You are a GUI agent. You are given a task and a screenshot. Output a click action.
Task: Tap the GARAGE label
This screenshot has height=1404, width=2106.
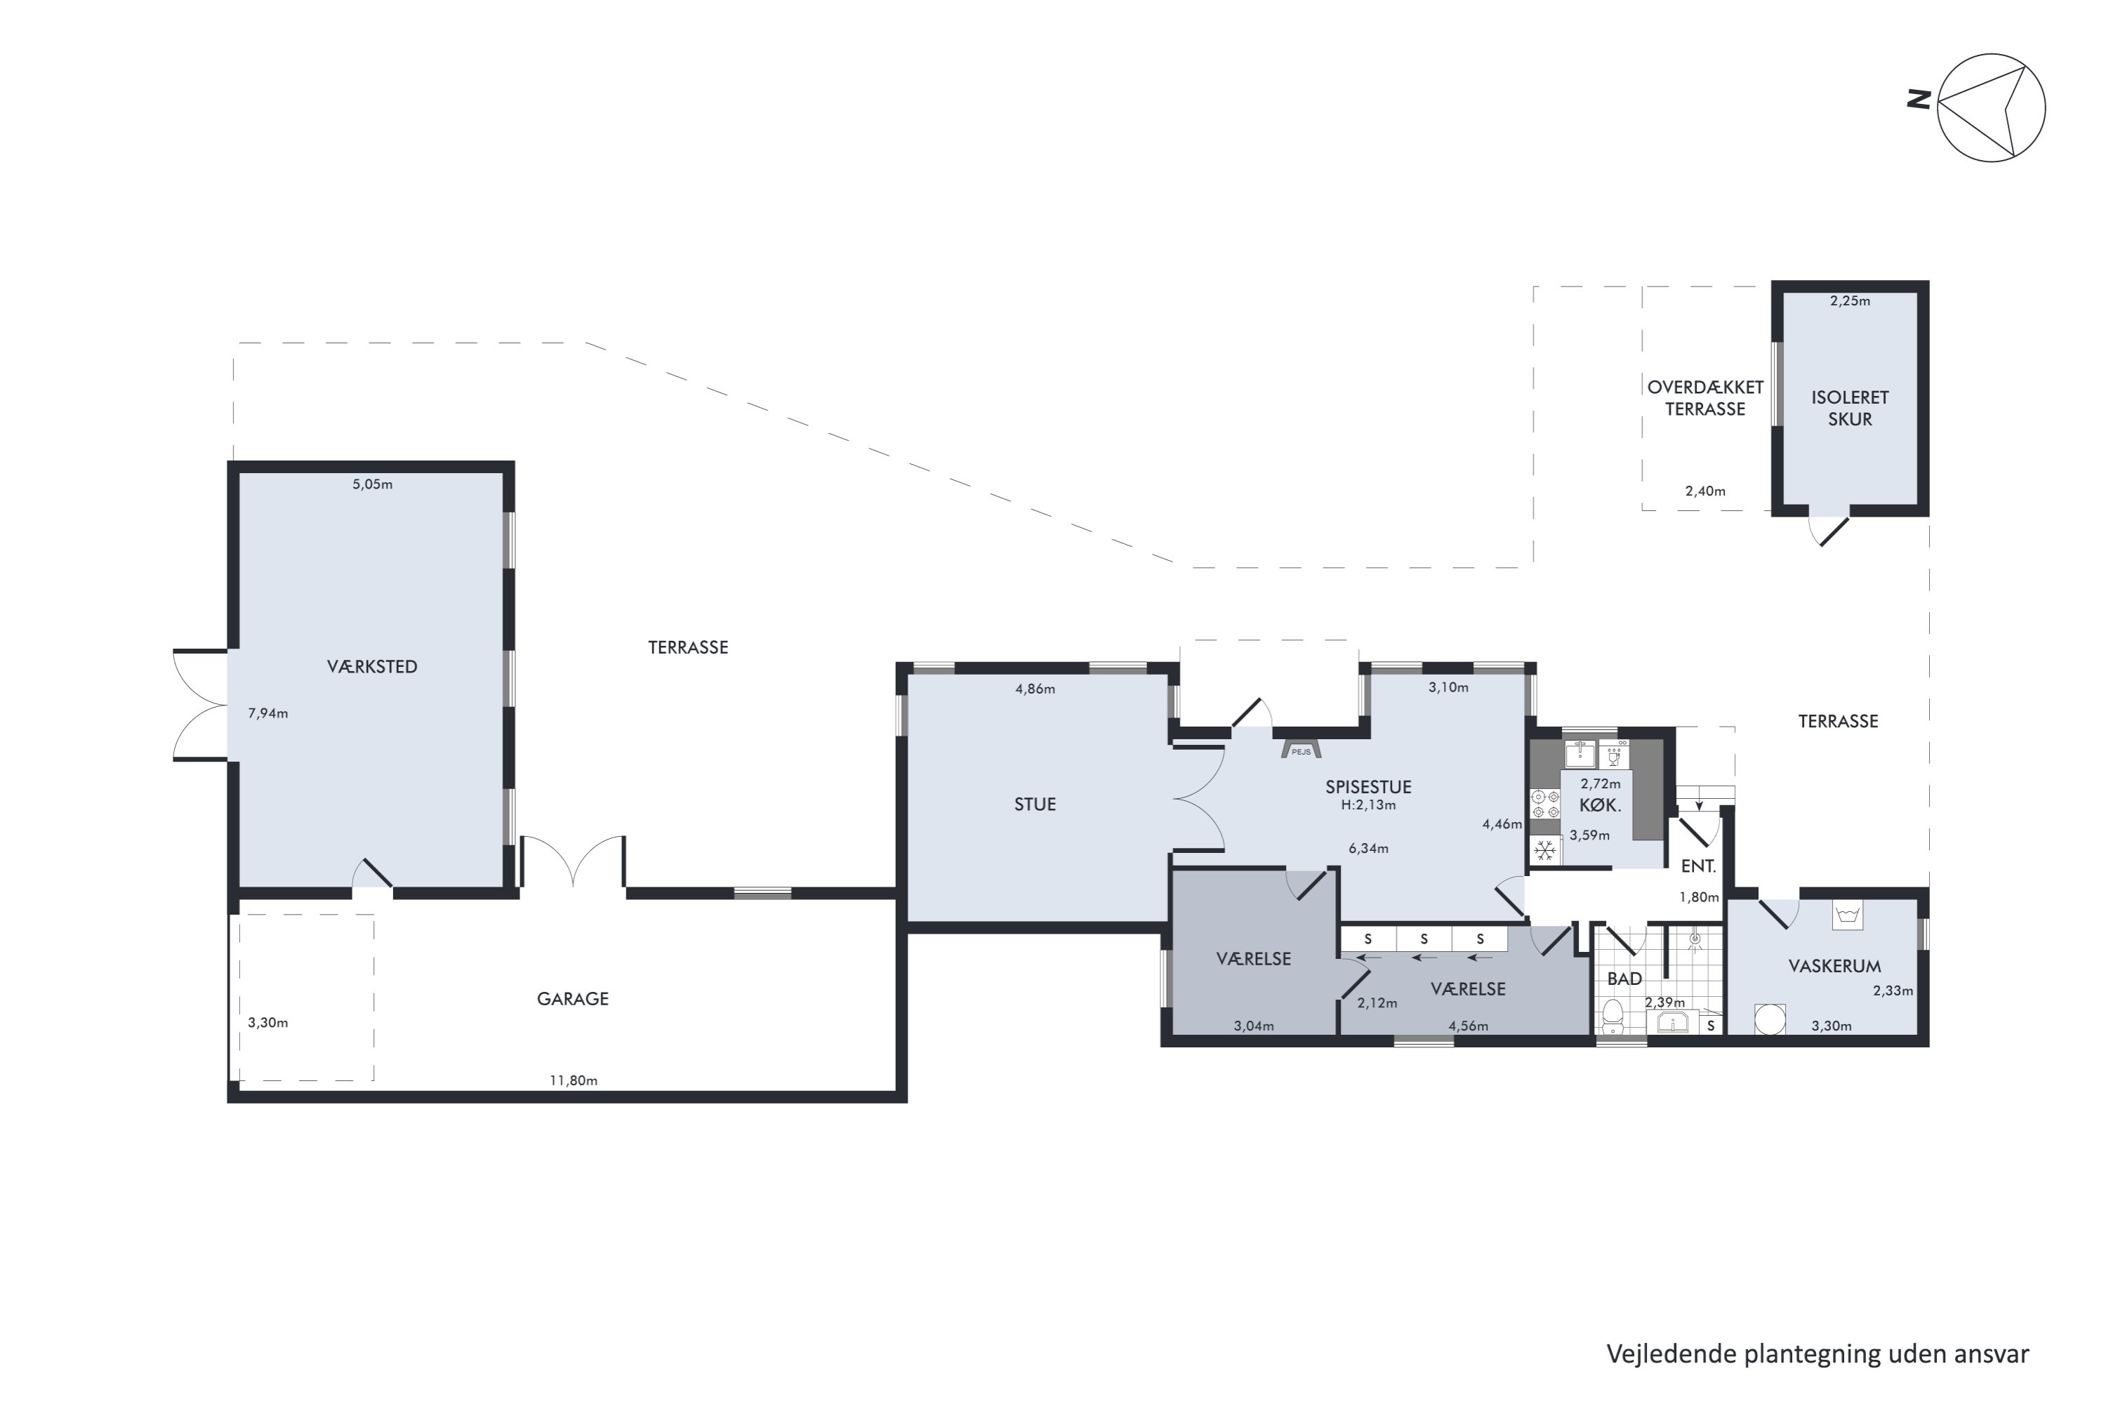pyautogui.click(x=572, y=999)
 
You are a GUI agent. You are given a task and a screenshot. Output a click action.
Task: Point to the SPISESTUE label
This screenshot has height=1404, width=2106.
pyautogui.click(x=1368, y=787)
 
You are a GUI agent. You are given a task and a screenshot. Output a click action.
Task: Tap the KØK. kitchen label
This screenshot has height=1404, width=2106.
pyautogui.click(x=1600, y=805)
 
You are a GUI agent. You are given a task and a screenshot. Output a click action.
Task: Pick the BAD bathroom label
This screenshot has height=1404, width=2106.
pyautogui.click(x=1624, y=979)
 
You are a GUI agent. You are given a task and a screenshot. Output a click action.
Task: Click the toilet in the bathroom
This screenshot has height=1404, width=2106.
pyautogui.click(x=1612, y=1017)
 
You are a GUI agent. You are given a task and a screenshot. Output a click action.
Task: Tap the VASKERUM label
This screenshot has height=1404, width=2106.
pyautogui.click(x=1835, y=966)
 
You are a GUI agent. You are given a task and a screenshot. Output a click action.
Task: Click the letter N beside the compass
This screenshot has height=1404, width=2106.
pyautogui.click(x=1919, y=100)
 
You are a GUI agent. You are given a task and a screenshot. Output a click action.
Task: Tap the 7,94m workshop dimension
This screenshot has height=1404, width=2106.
pyautogui.click(x=267, y=714)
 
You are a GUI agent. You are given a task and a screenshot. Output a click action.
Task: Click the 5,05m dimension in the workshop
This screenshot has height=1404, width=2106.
pyautogui.click(x=373, y=484)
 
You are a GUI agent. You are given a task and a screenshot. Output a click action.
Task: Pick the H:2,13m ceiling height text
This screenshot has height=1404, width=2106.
pyautogui.click(x=1368, y=805)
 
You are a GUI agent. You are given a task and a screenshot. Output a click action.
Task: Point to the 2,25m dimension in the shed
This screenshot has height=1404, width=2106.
pyautogui.click(x=1850, y=302)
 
